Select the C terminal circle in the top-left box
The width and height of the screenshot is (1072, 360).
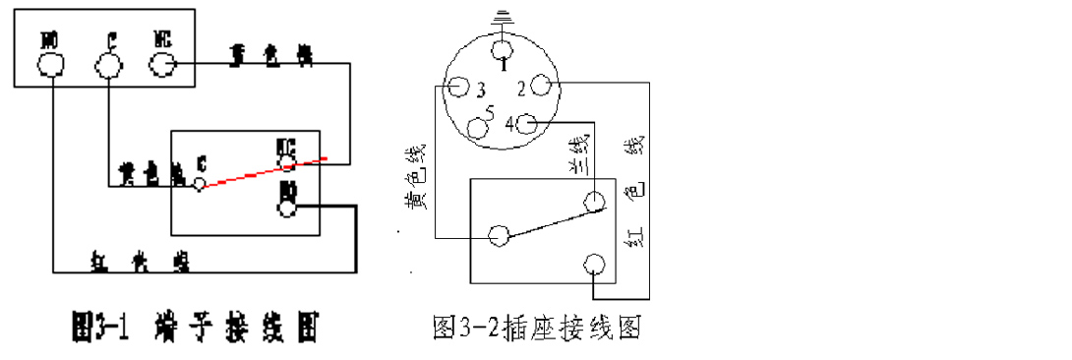tap(107, 66)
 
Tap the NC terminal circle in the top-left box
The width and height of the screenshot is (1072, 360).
tap(162, 64)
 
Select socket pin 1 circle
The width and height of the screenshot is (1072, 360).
tap(502, 50)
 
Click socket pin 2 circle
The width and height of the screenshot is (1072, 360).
tap(540, 88)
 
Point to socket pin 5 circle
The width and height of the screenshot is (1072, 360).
tap(479, 127)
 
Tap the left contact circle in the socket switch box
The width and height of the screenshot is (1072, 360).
tap(500, 235)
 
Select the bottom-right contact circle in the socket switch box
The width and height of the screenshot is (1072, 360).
tap(593, 265)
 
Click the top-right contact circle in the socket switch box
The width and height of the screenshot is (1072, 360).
tap(593, 201)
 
